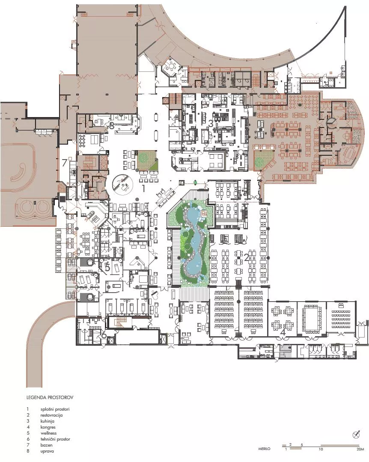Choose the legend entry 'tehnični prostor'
click(x=55, y=439)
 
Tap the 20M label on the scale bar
click(x=360, y=450)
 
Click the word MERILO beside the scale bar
click(x=264, y=450)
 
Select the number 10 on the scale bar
click(x=321, y=450)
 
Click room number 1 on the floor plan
click(x=144, y=187)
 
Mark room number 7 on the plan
click(x=64, y=163)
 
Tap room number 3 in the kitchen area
click(x=211, y=123)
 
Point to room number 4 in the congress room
click(x=283, y=331)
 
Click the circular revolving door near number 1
click(x=121, y=184)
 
